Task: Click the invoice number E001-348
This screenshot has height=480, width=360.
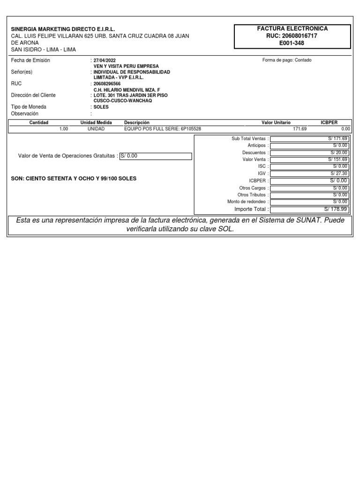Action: (292, 43)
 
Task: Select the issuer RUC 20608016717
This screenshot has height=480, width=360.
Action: (292, 36)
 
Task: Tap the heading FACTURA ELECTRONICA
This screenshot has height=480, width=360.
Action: (292, 29)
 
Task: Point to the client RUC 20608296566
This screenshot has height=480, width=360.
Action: (107, 84)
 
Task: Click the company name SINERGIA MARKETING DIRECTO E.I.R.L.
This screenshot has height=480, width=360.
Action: (63, 29)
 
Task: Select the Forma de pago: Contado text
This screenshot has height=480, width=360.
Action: (287, 60)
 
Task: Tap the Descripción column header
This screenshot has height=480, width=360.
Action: (137, 122)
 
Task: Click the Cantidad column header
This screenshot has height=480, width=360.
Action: (39, 122)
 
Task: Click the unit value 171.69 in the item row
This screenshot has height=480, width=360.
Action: (299, 128)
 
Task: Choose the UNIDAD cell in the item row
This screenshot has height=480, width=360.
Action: (96, 128)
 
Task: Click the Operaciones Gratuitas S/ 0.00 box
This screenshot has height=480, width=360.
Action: (156, 156)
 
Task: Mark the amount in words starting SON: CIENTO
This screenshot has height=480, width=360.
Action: (74, 179)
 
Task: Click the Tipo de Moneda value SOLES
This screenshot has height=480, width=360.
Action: (101, 107)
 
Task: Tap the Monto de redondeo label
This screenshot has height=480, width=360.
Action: (247, 202)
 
